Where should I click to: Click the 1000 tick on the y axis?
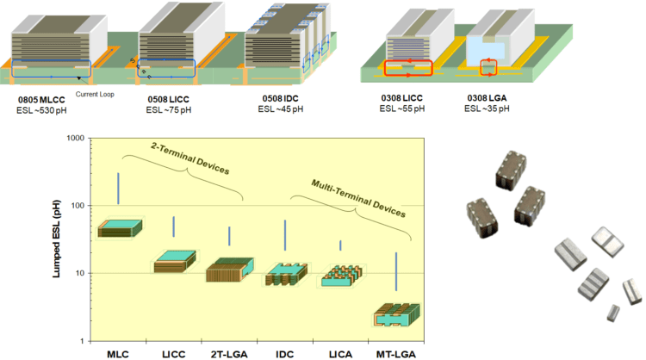74,139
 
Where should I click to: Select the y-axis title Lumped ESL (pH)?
57,239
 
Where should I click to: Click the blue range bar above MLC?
119,189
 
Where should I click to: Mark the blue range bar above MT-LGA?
395,271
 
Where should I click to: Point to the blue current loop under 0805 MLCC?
51,69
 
